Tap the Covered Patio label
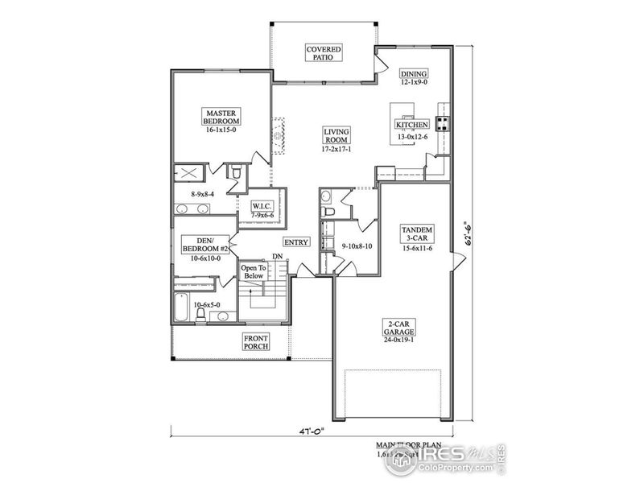pos(324,53)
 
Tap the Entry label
pos(295,242)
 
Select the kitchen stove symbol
pos(443,123)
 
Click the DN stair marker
pos(277,256)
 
